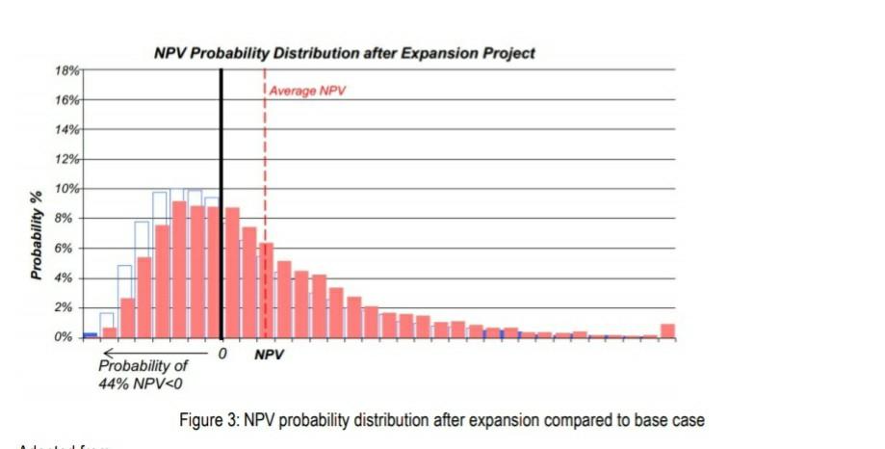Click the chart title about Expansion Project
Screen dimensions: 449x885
[x=344, y=53]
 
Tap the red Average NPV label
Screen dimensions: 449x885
[x=307, y=92]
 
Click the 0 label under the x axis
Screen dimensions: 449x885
[x=222, y=354]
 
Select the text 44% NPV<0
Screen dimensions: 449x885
[x=143, y=383]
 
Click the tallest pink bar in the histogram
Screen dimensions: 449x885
[x=179, y=270]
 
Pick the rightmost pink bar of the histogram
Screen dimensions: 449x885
[x=667, y=330]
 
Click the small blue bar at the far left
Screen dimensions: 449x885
[x=90, y=334]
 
